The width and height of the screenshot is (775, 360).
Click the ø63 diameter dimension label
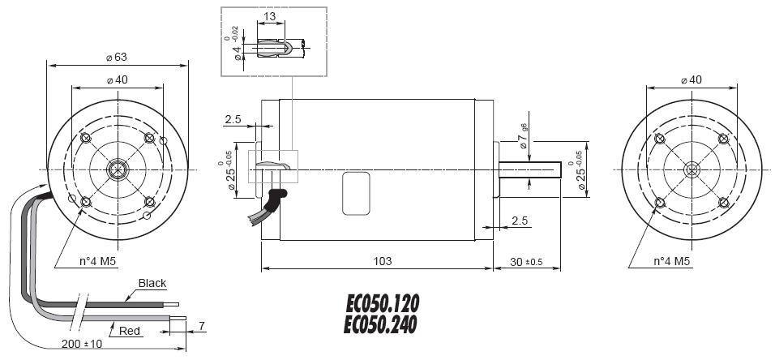118,57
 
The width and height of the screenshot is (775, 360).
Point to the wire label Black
152,283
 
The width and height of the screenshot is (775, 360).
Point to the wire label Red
130,331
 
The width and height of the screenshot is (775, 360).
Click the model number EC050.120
382,304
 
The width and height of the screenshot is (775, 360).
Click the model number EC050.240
382,324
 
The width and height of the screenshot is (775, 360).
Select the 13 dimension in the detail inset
269,16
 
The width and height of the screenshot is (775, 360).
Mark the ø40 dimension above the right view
691,79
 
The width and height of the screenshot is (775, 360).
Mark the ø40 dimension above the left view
118,79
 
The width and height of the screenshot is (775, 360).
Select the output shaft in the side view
530,169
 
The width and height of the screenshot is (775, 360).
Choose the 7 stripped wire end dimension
200,326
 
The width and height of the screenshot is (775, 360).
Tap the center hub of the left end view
118,169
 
